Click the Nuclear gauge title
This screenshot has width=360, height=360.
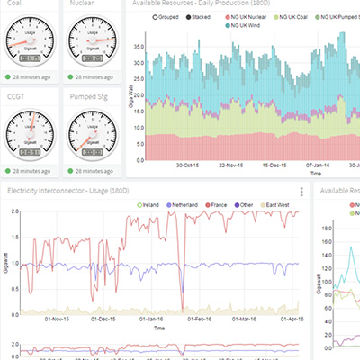pyautogui.click(x=83, y=4)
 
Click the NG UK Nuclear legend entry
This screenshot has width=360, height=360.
pyautogui.click(x=248, y=17)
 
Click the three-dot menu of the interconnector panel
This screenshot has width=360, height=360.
pyautogui.click(x=301, y=192)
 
